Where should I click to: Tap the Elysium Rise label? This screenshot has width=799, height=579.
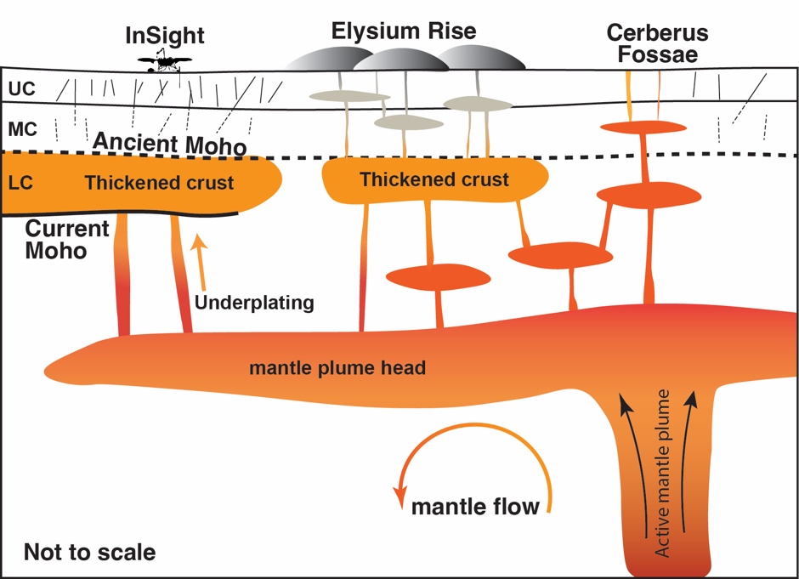coord(403,32)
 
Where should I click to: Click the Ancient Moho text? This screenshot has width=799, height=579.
coord(169,143)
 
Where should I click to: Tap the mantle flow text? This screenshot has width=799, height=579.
coord(475,507)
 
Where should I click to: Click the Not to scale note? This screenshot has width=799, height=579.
coord(89,552)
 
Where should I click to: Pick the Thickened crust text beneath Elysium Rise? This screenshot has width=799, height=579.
coord(434,179)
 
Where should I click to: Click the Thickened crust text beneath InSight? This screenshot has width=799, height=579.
coord(160,183)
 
